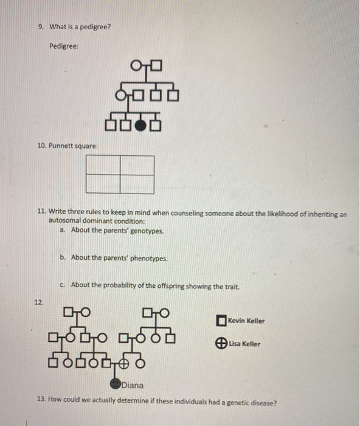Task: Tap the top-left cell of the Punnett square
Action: click(x=103, y=165)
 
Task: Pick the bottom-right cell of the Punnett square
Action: click(x=137, y=184)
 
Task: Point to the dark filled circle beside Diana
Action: click(x=116, y=384)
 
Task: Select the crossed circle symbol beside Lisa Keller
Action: click(x=221, y=343)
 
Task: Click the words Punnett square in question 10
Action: click(x=73, y=146)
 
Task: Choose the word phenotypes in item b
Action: click(x=148, y=257)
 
